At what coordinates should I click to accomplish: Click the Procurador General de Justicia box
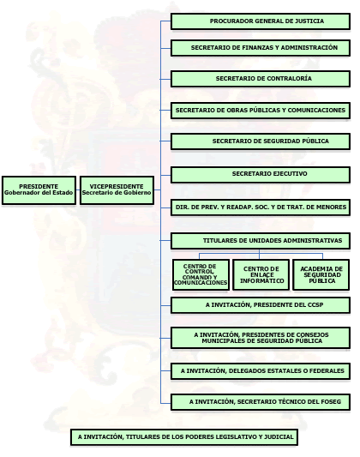(x=261, y=21)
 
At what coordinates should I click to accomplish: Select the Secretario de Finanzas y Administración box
(x=261, y=48)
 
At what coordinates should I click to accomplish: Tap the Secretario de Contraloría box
(x=261, y=79)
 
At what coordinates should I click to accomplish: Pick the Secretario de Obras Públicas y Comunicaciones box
(x=261, y=111)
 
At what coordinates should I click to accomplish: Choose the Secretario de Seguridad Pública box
(x=261, y=141)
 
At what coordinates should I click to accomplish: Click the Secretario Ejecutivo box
(x=261, y=175)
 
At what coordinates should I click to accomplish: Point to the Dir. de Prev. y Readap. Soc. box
(x=261, y=207)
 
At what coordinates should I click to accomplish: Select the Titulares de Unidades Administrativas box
(x=261, y=241)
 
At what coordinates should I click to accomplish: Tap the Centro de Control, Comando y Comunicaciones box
(x=201, y=275)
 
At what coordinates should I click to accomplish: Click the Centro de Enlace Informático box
(x=261, y=275)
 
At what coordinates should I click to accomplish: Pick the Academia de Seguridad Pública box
(x=321, y=275)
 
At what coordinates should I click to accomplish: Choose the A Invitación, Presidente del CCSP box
(x=261, y=305)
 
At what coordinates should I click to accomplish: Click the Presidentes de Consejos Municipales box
(x=261, y=338)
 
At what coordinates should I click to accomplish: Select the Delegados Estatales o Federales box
(x=261, y=371)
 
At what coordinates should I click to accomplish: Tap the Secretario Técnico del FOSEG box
(x=261, y=402)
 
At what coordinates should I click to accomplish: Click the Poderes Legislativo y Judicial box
(x=184, y=437)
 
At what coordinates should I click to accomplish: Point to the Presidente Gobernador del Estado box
(x=39, y=190)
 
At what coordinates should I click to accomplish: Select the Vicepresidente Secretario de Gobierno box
(x=117, y=190)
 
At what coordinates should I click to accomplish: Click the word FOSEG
(x=331, y=401)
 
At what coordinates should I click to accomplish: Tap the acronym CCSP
(x=315, y=305)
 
